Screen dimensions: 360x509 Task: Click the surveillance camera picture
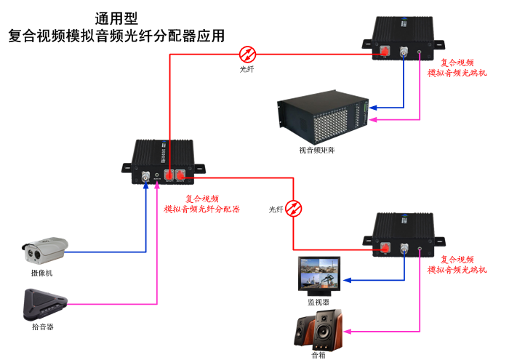(45, 250)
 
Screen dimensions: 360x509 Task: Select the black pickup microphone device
(45, 304)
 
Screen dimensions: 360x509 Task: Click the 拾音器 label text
(43, 327)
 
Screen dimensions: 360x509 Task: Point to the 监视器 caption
(318, 301)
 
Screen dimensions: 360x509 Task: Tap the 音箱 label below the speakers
(318, 355)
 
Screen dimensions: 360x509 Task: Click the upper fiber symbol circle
(248, 53)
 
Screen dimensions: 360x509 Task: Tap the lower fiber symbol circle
(294, 209)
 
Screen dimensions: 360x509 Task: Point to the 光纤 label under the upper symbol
(247, 69)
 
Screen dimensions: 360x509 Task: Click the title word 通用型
(116, 17)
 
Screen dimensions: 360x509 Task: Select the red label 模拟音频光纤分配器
(201, 209)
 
